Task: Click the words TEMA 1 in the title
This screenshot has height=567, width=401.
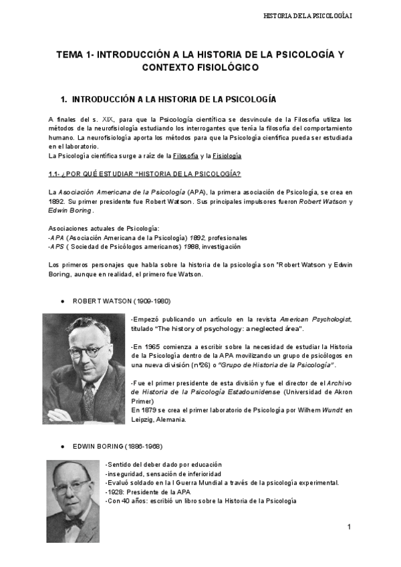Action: (x=74, y=54)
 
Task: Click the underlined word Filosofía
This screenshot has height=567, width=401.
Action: (x=185, y=156)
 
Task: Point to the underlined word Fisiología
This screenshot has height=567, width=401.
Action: (x=227, y=156)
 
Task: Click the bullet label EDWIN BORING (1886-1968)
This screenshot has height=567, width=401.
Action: (x=116, y=446)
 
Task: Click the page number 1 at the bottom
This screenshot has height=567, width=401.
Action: (x=349, y=528)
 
